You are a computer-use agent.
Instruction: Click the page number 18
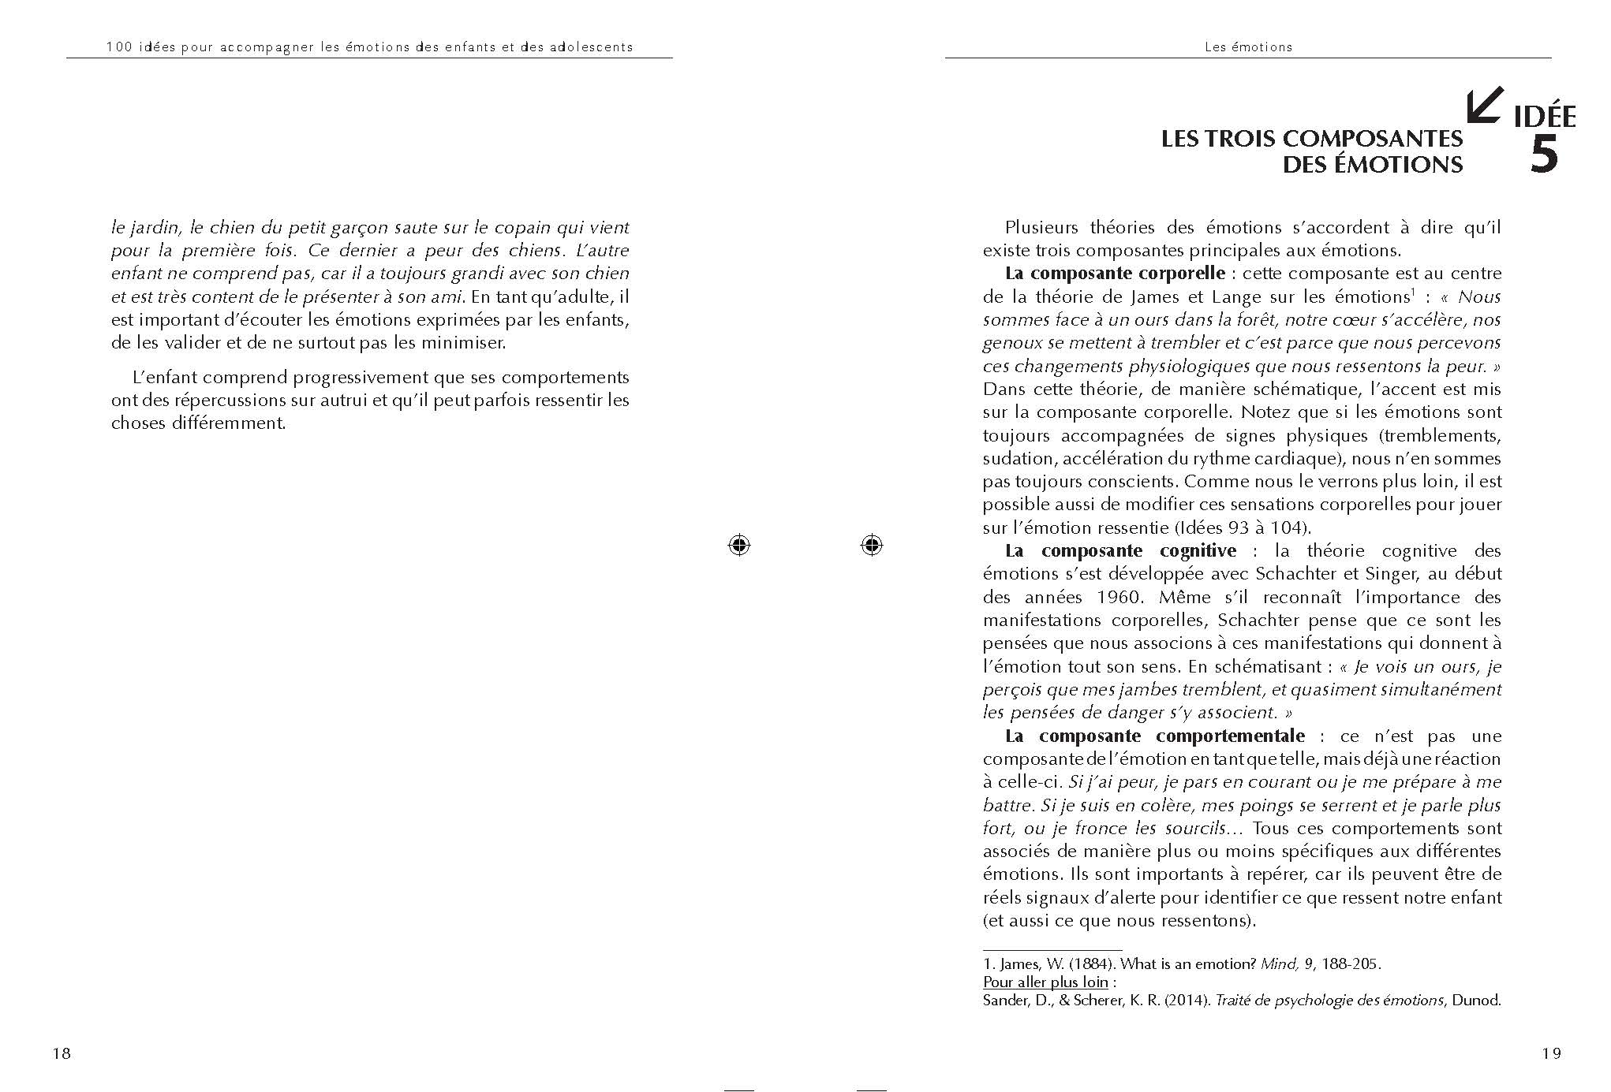62,1053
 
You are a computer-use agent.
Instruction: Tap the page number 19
1551,1053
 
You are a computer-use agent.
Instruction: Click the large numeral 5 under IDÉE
1544,155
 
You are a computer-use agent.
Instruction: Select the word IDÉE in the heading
1544,117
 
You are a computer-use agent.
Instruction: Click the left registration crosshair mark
739,545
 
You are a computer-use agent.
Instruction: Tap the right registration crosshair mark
872,545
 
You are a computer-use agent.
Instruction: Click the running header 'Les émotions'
1248,47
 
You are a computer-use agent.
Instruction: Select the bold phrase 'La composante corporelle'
1115,274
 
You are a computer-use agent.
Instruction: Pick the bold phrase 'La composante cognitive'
1120,550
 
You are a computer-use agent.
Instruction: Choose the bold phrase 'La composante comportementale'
1155,736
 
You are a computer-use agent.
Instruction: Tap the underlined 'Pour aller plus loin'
1045,982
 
